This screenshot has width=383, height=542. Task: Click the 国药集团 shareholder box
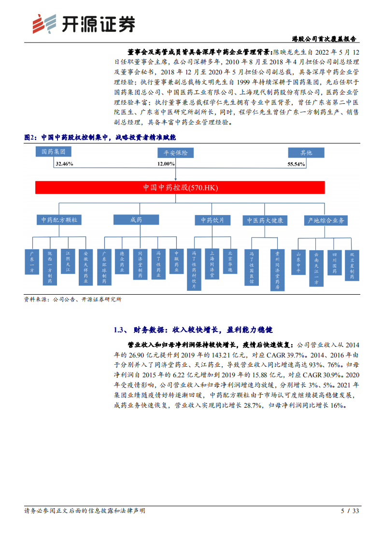click(53, 152)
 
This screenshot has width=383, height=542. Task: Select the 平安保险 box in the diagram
click(175, 153)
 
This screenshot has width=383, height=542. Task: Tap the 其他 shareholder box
click(306, 153)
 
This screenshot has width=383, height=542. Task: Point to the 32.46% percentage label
click(64, 164)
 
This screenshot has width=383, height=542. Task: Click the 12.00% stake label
click(166, 164)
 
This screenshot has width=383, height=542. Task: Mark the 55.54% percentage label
click(296, 164)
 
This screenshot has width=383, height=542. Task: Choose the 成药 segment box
click(136, 220)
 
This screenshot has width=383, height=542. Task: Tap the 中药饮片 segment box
click(213, 220)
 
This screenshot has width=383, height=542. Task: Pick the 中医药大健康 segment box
click(265, 220)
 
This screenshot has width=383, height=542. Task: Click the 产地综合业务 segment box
click(326, 220)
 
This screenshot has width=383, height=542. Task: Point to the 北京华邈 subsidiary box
click(230, 261)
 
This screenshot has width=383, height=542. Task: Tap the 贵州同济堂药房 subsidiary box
click(277, 270)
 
